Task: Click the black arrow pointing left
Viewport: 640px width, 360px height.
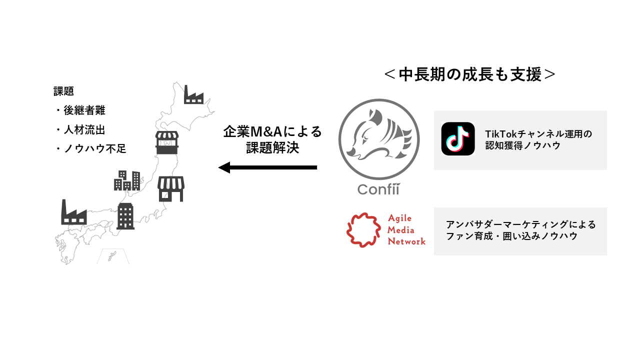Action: tap(267, 167)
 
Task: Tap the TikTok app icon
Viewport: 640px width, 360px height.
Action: tap(458, 139)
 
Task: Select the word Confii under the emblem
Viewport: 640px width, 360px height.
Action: tap(379, 190)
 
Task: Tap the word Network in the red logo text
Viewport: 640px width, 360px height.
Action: tap(406, 241)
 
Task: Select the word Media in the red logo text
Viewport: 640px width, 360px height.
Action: tap(401, 230)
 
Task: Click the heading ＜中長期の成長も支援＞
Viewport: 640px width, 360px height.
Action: tap(470, 74)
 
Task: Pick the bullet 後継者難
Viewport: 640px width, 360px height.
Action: tap(83, 110)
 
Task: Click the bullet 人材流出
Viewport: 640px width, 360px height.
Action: tap(83, 129)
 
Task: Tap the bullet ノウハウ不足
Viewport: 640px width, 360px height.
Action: tap(93, 148)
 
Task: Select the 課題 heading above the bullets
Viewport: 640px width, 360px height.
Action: tap(63, 91)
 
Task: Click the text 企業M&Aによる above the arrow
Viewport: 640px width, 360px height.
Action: tap(272, 132)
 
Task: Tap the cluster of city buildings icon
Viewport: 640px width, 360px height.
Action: tap(127, 180)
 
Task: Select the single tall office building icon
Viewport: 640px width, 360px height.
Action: tap(125, 216)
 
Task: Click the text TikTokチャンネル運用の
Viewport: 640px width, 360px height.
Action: tap(538, 134)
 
